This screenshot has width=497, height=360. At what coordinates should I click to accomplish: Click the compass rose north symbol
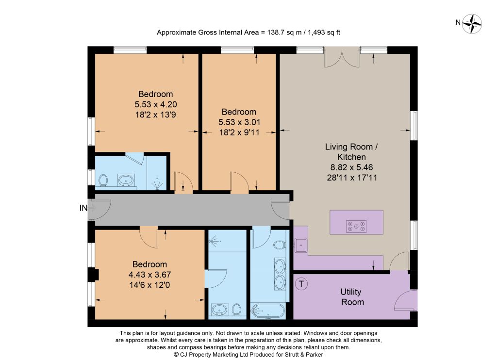[472, 24]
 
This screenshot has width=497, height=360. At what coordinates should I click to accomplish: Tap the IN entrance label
[83, 208]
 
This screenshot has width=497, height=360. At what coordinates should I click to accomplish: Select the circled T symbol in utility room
[301, 284]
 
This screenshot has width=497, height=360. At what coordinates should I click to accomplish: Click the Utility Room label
[352, 296]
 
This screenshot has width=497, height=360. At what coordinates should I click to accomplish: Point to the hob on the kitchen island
[356, 226]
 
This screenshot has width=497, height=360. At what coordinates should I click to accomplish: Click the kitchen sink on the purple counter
[300, 245]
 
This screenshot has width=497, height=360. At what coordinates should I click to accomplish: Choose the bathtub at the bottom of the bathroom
[268, 311]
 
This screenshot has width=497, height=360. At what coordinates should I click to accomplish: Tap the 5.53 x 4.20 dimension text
[156, 104]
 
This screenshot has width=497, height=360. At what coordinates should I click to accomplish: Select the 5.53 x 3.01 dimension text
[239, 122]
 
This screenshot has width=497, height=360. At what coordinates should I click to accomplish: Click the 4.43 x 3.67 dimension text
[149, 275]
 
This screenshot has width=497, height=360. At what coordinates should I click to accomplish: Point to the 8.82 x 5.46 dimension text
[351, 167]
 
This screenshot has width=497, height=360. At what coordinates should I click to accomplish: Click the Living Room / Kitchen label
[351, 152]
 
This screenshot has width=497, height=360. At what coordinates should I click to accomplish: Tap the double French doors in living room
[342, 57]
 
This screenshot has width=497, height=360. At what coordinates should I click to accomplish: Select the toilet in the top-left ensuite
[103, 180]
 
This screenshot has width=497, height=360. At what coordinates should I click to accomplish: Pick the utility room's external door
[406, 300]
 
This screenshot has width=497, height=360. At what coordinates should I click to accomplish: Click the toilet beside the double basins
[279, 245]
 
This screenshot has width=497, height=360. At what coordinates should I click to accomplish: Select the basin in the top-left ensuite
[126, 180]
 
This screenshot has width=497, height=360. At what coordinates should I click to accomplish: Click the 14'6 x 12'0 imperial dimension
[149, 285]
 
